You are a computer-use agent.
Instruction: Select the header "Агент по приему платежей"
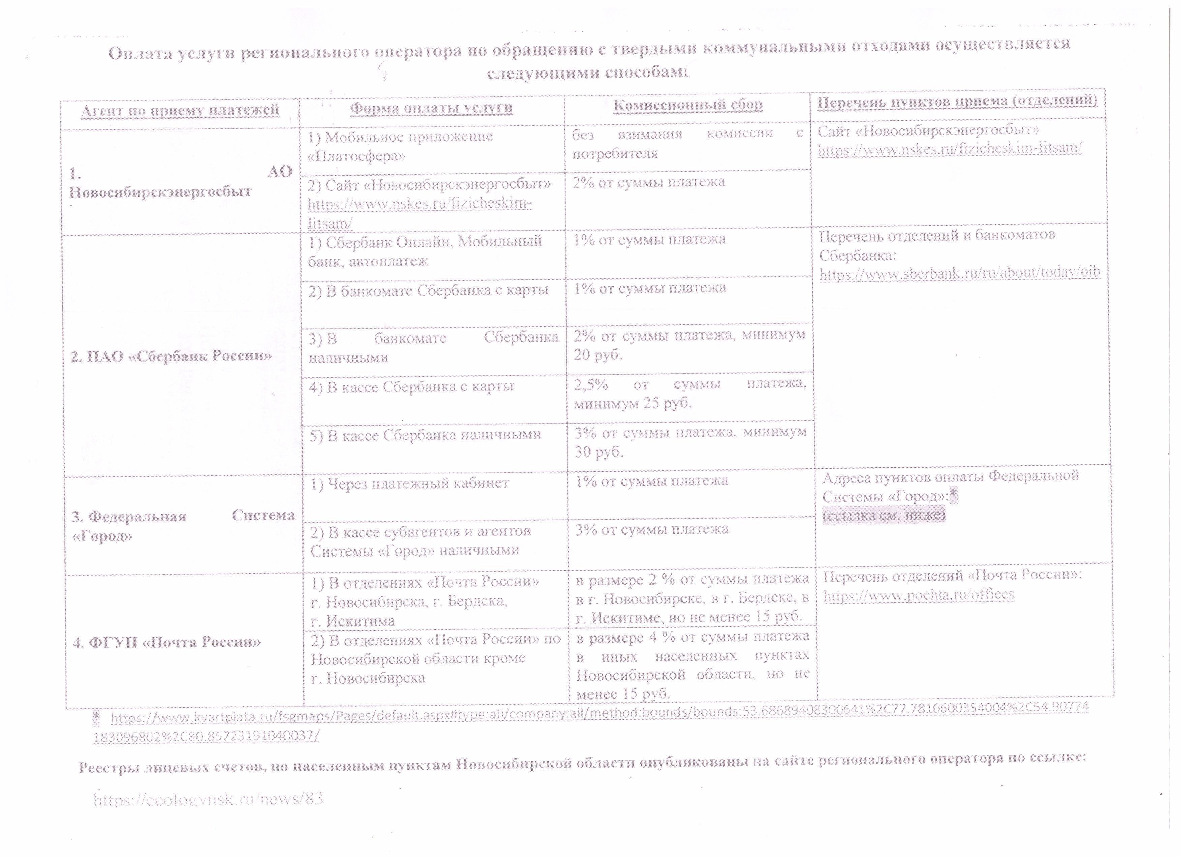(180, 110)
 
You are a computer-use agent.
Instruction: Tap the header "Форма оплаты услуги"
(431, 108)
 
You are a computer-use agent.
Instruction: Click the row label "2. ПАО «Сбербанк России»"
(171, 356)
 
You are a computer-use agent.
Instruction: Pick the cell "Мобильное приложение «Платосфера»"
(400, 146)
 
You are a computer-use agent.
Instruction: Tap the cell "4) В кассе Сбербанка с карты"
(412, 387)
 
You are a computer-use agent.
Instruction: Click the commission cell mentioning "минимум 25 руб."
(690, 393)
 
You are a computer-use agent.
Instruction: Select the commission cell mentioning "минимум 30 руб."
(690, 442)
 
